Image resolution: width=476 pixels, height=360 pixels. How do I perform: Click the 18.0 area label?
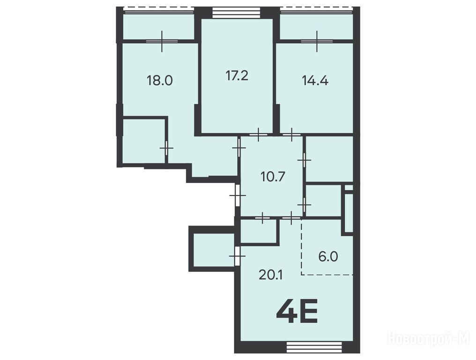point(160,81)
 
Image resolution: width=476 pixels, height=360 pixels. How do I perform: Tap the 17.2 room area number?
point(237,75)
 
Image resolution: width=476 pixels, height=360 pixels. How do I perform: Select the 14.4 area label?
point(315,81)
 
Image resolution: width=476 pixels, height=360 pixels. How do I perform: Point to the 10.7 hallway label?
point(273,177)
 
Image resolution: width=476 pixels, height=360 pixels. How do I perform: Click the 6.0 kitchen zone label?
point(328,257)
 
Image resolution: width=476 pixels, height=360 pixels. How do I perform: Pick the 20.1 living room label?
point(271,275)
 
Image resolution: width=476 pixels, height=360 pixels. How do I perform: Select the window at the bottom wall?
point(314,346)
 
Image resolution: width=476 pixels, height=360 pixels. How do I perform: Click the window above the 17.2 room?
point(236,13)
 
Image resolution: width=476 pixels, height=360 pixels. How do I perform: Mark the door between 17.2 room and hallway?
point(258,134)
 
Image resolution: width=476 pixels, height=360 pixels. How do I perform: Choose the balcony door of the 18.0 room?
point(162,41)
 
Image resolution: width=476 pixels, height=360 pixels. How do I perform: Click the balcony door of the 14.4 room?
point(317,41)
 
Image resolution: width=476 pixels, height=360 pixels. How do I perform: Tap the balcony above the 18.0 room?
point(158,26)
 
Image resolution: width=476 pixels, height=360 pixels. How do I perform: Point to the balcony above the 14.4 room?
point(316,26)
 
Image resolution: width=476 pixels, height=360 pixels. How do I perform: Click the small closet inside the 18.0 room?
point(143,141)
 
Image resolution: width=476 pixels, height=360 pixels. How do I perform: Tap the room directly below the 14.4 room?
point(329,159)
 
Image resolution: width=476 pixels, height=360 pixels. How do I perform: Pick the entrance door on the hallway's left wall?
point(238,195)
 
